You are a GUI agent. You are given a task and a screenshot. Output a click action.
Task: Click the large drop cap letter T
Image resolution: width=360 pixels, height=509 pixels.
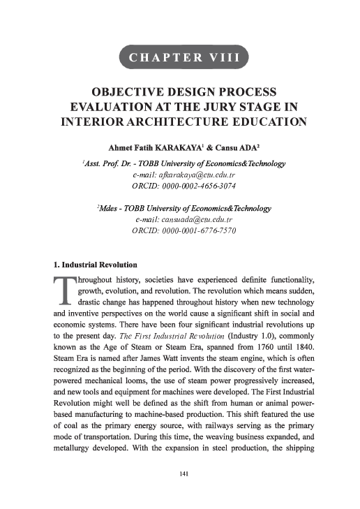click(x=63, y=292)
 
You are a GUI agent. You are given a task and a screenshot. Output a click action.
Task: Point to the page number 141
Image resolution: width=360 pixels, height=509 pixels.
click(x=180, y=474)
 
